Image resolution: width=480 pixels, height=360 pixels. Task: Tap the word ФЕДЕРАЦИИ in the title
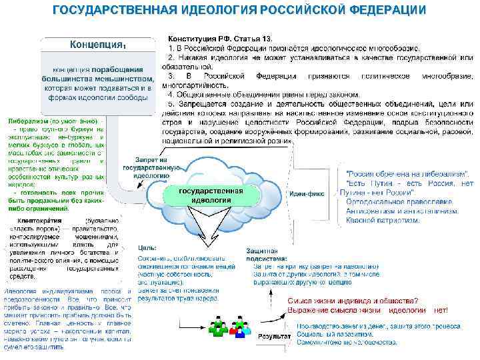click(387, 10)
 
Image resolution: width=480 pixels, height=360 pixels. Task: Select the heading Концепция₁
click(99, 45)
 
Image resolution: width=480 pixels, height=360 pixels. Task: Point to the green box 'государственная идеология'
click(211, 177)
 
